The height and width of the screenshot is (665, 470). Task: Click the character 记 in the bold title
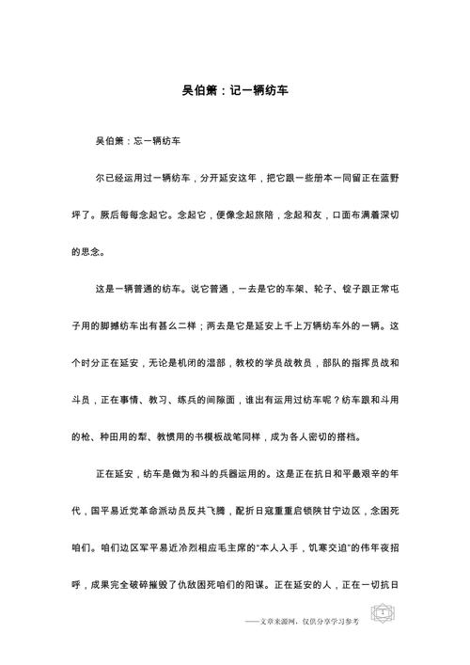pyautogui.click(x=243, y=92)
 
